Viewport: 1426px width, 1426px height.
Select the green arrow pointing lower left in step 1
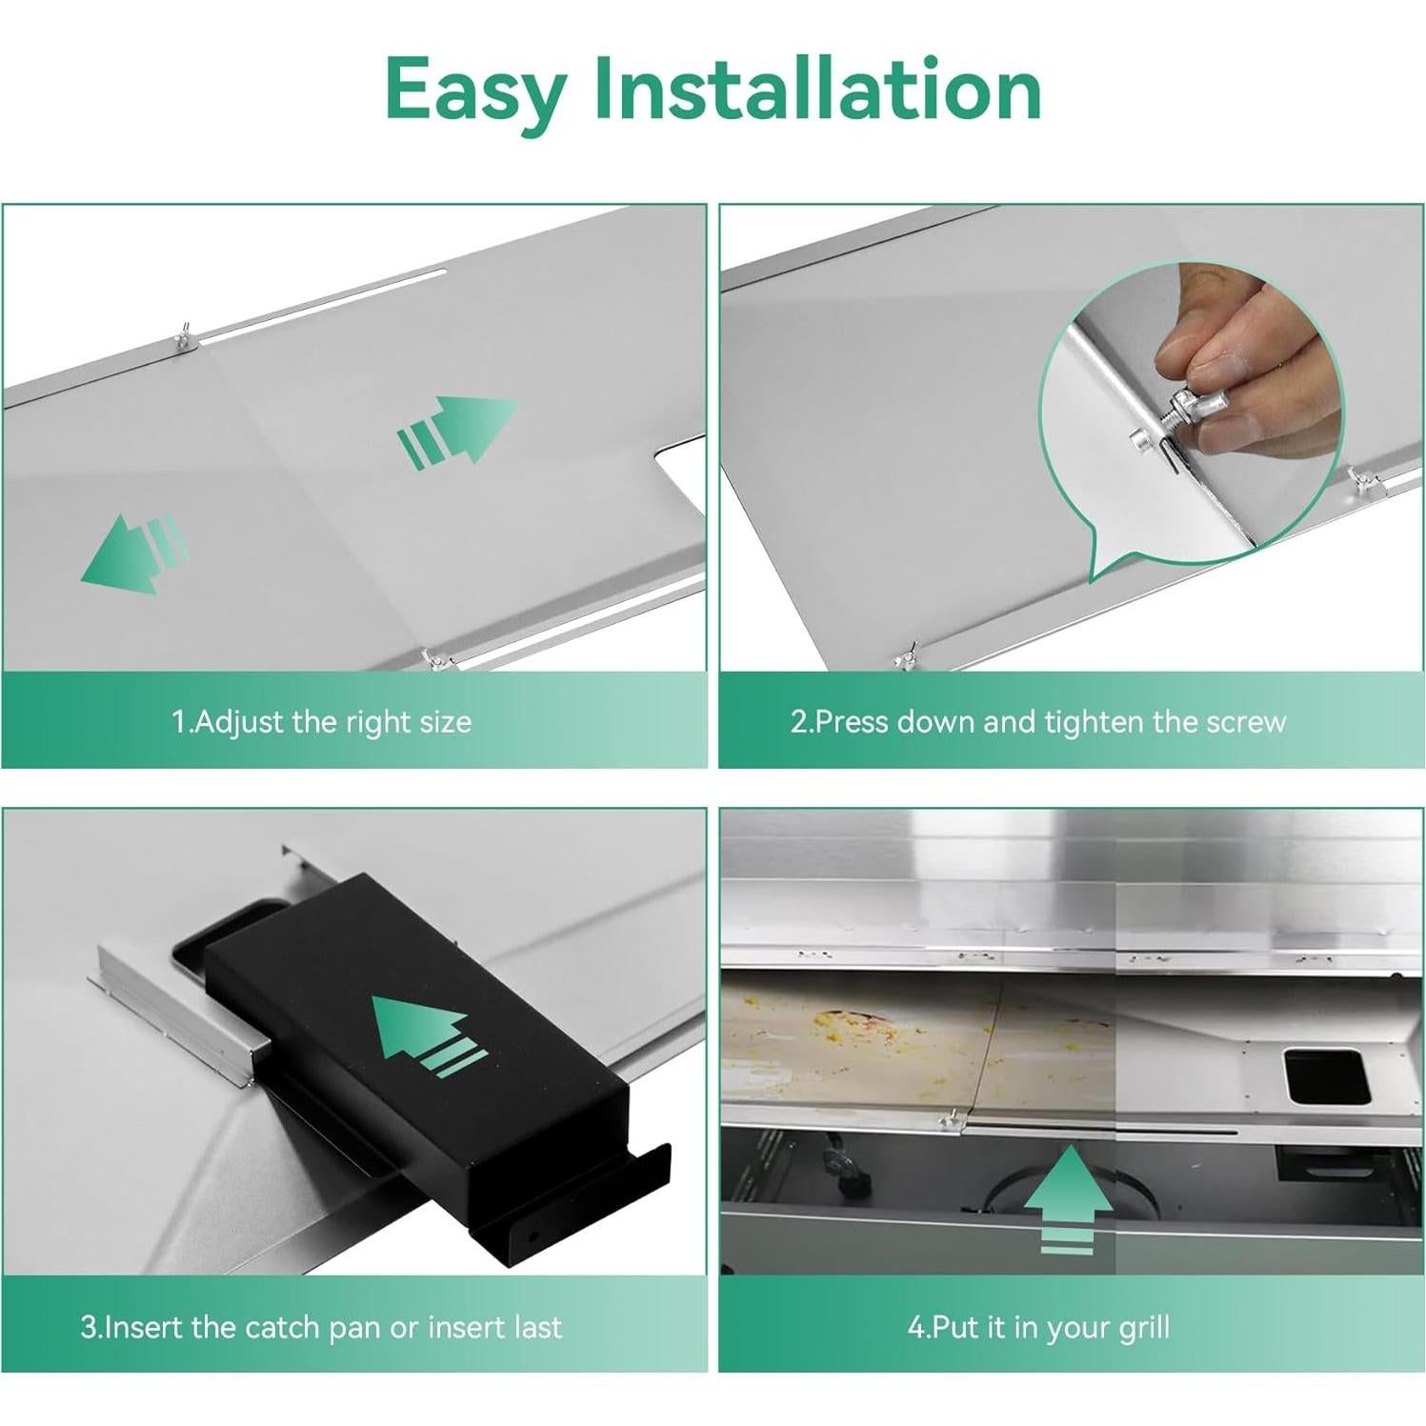pyautogui.click(x=133, y=552)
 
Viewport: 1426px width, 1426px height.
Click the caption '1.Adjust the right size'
pyautogui.click(x=322, y=721)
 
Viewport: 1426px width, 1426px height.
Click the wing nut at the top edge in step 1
pyautogui.click(x=180, y=337)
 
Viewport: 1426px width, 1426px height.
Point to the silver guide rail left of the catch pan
pyautogui.click(x=171, y=1014)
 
